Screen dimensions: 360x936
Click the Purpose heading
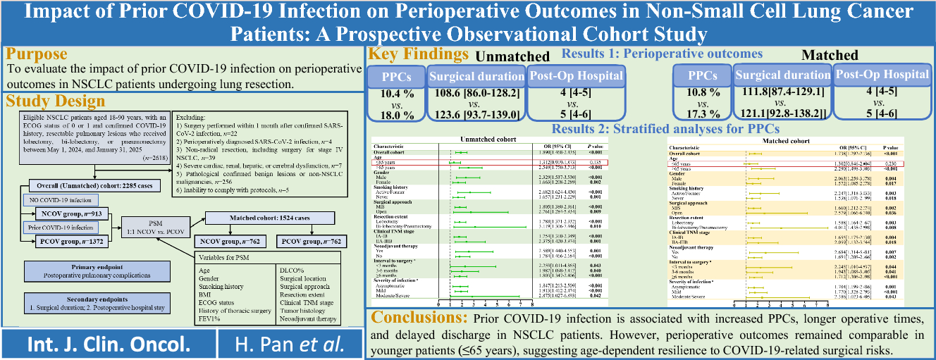pos(37,55)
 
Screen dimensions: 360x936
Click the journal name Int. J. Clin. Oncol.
pos(108,344)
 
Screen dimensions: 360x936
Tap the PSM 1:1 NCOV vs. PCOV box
pos(157,229)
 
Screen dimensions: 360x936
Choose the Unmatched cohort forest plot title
pos(486,139)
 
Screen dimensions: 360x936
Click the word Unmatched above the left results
pos(512,56)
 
